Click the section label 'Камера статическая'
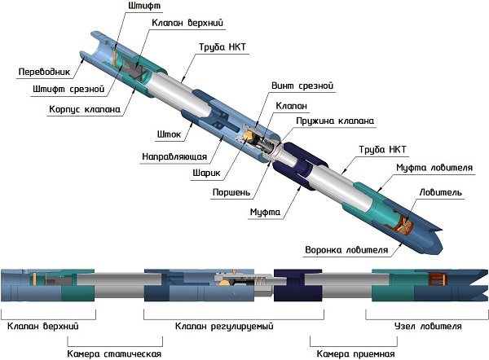113,354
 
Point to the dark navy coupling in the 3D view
293,166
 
